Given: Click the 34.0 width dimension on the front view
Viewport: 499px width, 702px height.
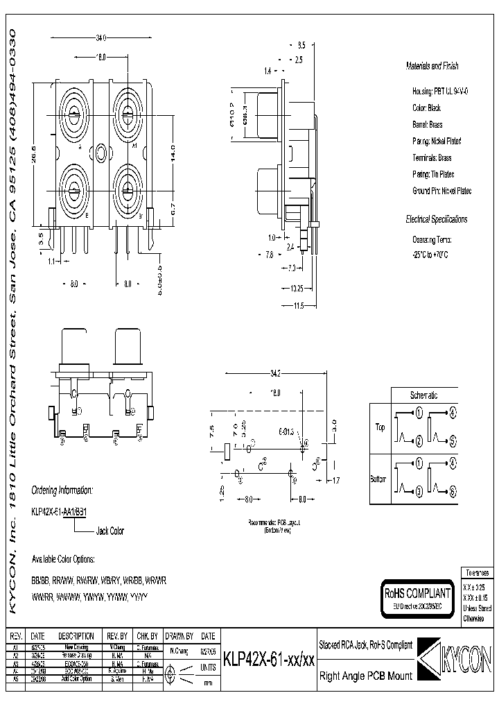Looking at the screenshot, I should (x=101, y=37).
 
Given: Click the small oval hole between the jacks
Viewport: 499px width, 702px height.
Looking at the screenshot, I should (x=102, y=152).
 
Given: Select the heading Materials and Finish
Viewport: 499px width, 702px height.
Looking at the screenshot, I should (x=431, y=67).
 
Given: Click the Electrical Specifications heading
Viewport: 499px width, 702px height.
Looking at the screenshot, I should (x=436, y=219).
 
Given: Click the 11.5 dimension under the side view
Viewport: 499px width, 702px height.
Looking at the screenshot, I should (x=299, y=305).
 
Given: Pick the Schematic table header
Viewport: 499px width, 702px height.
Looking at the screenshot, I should (x=423, y=395).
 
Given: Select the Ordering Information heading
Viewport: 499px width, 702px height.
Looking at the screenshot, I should (x=62, y=490).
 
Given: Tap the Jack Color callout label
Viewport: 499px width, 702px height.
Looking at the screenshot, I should (x=110, y=531).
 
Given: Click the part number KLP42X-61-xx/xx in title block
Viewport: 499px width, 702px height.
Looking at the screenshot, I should (x=269, y=661).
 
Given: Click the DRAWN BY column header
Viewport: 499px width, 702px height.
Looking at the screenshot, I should (x=180, y=636).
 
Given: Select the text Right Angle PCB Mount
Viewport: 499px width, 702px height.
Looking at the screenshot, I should (x=365, y=676).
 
